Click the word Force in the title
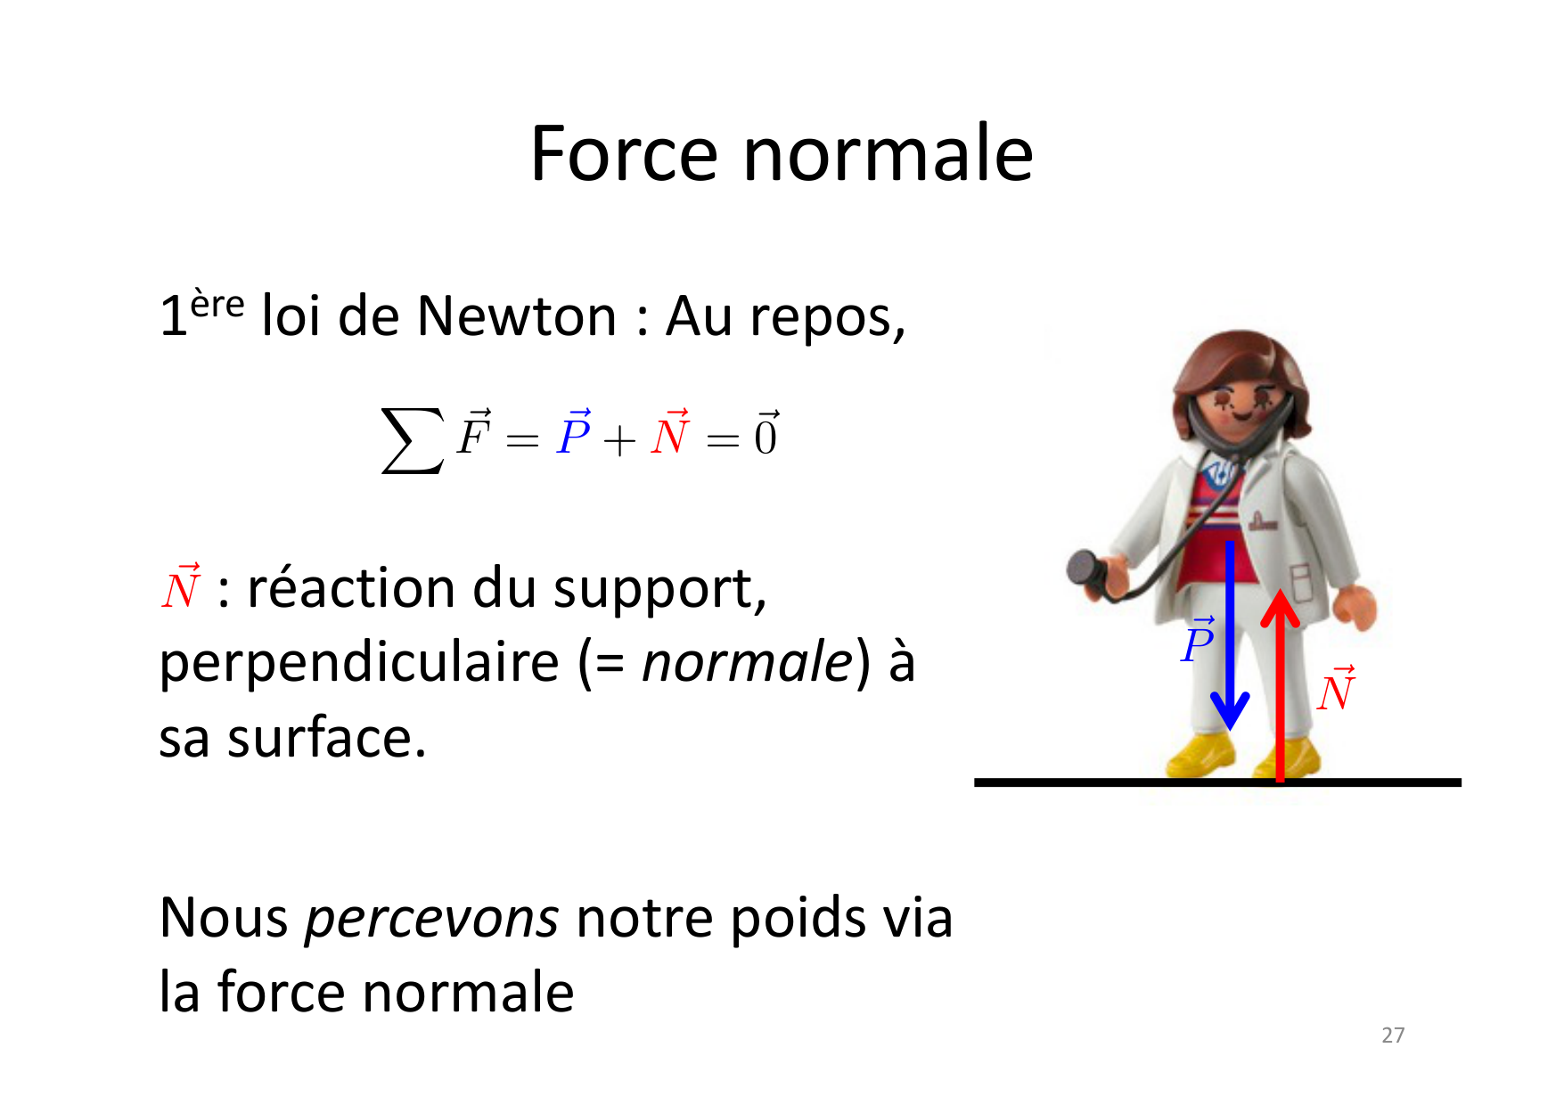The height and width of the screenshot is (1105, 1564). pos(623,153)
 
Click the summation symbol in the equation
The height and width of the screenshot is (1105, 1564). pos(412,440)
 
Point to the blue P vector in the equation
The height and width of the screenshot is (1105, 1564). pos(574,432)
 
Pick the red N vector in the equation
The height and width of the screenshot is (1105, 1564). pos(670,432)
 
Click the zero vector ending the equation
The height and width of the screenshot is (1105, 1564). pos(766,433)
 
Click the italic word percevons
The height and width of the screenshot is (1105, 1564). pos(432,919)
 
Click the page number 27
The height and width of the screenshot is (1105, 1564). pos(1393,1035)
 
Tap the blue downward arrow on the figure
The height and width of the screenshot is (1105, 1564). pos(1230,635)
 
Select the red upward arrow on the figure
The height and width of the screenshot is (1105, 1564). pos(1280,685)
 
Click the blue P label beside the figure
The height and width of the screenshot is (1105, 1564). pos(1198,639)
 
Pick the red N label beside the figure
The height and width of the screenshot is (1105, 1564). pos(1337,689)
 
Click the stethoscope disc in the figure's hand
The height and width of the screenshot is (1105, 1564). pos(1086,569)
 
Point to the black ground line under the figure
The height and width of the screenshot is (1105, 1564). pos(1217,782)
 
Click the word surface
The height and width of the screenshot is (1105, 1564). pos(326,738)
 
